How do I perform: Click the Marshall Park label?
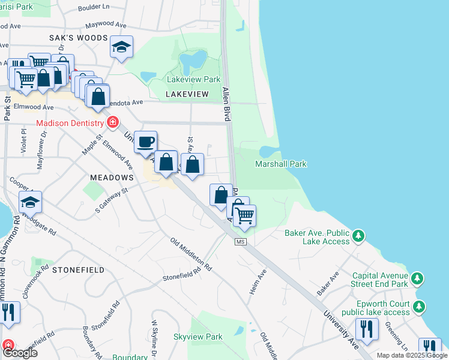(280, 164)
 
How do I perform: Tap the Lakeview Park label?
(194, 79)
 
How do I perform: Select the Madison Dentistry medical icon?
(112, 124)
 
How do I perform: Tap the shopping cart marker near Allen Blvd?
(244, 215)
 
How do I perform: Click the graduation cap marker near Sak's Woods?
(121, 47)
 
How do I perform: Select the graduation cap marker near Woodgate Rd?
(30, 203)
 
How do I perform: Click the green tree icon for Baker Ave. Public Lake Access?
(358, 236)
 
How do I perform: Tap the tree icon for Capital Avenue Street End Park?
(418, 279)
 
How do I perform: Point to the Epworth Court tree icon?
(419, 307)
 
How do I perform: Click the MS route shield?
(241, 241)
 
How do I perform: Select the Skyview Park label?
(197, 337)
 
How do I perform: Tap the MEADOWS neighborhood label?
(111, 178)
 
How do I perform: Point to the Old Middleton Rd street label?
(191, 254)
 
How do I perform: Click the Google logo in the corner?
(20, 353)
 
